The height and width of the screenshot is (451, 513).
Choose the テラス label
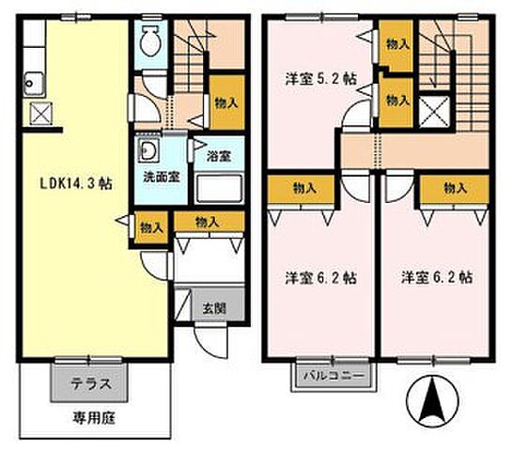pos(93,383)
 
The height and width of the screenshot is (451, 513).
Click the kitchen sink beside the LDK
pos(34,83)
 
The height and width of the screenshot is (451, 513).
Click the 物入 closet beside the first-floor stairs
pos(223,104)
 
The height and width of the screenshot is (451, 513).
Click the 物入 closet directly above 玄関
pos(208,222)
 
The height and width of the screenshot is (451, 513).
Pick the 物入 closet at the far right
pos(455,188)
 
